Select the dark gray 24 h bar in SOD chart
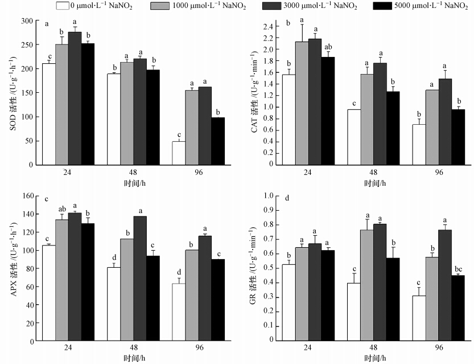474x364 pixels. (x=75, y=98)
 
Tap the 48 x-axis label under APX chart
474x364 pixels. (x=133, y=346)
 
